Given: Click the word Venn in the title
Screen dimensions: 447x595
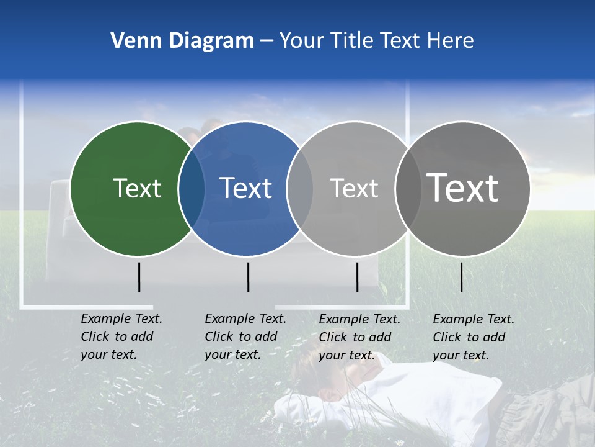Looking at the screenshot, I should click(x=132, y=41).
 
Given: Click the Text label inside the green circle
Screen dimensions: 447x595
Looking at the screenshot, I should click(x=137, y=188).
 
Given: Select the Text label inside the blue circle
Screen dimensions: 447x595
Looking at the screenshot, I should click(x=245, y=188).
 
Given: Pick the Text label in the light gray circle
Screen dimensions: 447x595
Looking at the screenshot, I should click(x=354, y=188).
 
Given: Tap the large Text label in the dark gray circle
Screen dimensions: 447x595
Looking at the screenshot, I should click(x=463, y=188).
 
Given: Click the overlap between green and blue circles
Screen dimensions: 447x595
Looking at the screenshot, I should click(x=192, y=189).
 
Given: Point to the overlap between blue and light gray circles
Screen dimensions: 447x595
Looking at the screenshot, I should click(x=300, y=189).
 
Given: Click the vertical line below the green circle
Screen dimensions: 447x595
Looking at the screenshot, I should click(x=139, y=277).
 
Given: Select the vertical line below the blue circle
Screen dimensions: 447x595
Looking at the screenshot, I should click(x=248, y=277).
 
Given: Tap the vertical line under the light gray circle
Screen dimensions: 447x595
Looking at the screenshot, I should click(x=357, y=277).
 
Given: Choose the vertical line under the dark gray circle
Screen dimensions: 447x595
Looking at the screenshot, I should click(x=461, y=277).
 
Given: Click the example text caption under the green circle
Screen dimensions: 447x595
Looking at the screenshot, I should click(x=121, y=336).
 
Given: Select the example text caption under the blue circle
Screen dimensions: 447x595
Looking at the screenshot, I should click(x=245, y=336).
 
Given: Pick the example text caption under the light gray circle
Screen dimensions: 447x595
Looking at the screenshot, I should click(x=359, y=337).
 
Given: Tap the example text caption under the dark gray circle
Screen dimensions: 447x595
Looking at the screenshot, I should click(x=473, y=337).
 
